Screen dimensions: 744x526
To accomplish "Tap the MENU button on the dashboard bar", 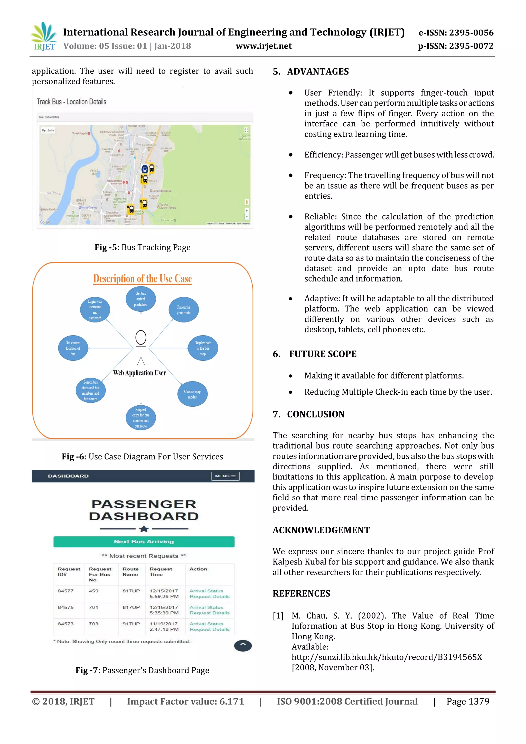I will (225, 476).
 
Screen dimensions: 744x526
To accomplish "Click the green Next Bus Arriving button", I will (144, 542).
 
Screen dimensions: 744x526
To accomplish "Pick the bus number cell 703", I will (93, 624).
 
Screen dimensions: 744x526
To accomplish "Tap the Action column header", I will (198, 569).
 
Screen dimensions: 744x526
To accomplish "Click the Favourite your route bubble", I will (183, 310).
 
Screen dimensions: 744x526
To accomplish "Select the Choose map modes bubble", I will (192, 394).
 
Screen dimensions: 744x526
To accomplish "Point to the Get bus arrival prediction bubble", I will (140, 299).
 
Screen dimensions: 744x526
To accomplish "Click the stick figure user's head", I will (140, 337).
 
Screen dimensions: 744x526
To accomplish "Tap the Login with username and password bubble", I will (95, 310).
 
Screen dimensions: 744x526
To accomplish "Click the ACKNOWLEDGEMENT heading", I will (321, 530).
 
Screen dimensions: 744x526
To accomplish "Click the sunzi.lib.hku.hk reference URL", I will (387, 657).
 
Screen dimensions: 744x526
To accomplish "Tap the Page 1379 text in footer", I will (468, 702).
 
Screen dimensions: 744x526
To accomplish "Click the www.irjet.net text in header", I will (264, 46).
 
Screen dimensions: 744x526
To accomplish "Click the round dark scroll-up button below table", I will (243, 646).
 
